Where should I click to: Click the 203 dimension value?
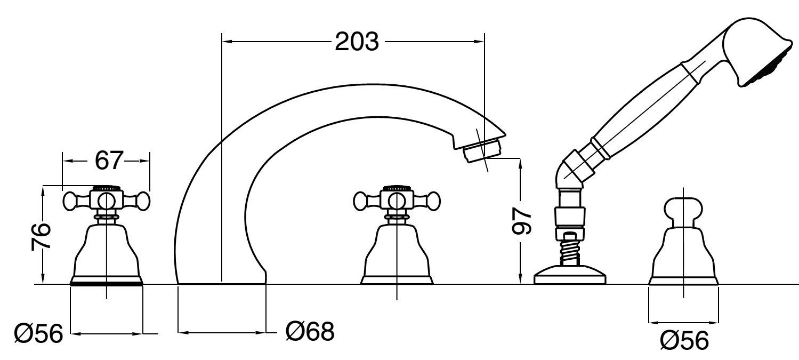point(357,41)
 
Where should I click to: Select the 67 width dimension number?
point(109,160)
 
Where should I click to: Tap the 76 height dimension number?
point(41,236)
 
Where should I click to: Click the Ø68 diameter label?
point(310,332)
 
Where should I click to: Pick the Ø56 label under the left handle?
point(38,335)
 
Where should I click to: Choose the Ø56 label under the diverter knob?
point(684,339)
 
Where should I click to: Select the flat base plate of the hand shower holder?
point(570,275)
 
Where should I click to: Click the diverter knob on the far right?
point(682,210)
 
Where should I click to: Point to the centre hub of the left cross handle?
point(107,201)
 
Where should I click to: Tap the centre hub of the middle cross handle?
point(396,201)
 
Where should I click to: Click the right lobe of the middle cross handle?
point(430,201)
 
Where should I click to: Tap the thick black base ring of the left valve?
point(107,283)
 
